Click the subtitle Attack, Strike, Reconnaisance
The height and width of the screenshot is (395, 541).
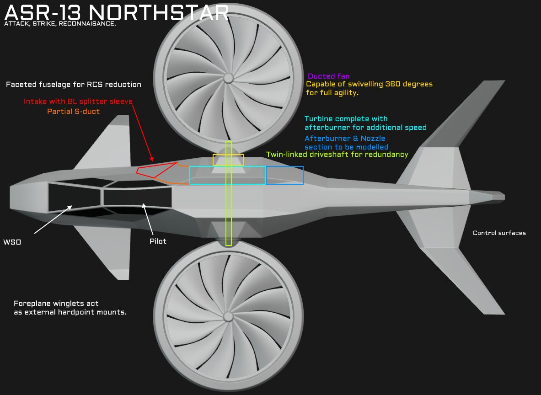point(60,23)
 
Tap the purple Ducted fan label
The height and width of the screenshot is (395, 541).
point(328,76)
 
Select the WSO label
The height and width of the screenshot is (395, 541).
point(12,242)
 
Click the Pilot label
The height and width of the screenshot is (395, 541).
point(158,241)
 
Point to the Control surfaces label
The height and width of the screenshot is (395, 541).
point(499,233)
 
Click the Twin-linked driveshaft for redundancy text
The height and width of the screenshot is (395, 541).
point(337,155)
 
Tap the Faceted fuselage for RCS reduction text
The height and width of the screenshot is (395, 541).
point(73,85)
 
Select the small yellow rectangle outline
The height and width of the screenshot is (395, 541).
point(228,160)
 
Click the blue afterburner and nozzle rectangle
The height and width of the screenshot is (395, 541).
point(284,175)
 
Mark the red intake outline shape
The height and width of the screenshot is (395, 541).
point(155,170)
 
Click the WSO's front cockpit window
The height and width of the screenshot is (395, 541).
point(75,196)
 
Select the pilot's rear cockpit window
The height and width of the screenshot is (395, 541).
point(137,197)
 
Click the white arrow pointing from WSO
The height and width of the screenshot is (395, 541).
point(53,220)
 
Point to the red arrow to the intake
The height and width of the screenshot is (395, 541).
point(142,133)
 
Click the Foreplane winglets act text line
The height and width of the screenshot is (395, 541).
point(56,304)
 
